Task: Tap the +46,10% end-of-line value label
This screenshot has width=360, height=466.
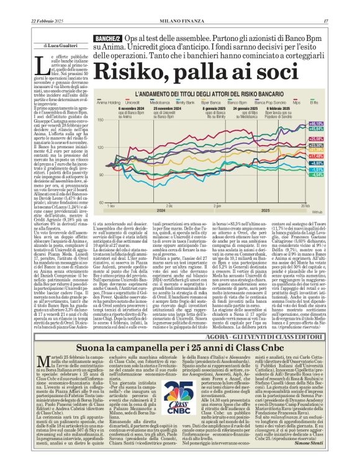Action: [333, 123]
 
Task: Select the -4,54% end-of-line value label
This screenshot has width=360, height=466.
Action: [333, 174]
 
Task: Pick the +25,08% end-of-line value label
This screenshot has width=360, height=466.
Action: [333, 139]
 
